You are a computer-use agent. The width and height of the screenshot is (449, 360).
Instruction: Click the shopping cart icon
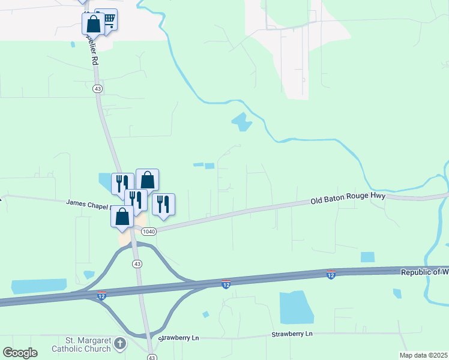coord(108,20)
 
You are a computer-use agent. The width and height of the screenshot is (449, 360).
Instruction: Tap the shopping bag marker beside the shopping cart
coord(93,25)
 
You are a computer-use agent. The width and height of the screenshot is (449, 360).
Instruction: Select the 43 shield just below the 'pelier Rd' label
coord(97,88)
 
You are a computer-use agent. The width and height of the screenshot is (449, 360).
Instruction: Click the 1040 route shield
coord(148,232)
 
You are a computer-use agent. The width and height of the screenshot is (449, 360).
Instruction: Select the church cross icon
coord(121,344)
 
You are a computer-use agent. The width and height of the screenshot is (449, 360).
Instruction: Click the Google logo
coord(20,352)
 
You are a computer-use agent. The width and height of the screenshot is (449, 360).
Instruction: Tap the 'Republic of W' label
coord(424,272)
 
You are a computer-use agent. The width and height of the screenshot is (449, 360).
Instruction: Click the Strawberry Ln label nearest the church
coord(179,338)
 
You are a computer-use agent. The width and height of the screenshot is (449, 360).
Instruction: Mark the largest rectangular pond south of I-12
coord(297,307)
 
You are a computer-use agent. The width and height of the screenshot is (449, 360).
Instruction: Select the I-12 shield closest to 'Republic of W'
coord(330,274)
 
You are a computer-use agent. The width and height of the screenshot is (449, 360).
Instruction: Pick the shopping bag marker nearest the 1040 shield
coord(122,217)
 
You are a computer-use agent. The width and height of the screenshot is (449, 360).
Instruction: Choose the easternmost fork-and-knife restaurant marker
coord(163,204)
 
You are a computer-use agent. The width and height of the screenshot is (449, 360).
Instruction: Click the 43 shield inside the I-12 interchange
coord(137,264)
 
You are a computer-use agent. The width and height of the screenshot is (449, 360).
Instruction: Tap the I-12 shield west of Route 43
coord(101,296)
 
